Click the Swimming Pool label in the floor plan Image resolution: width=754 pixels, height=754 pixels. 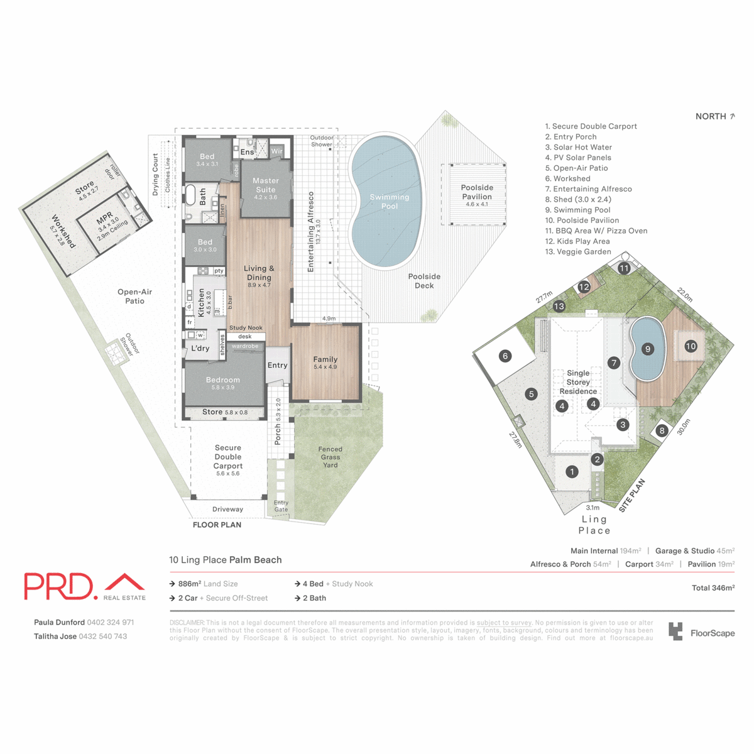point(389,201)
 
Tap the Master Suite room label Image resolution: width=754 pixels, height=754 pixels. point(265,185)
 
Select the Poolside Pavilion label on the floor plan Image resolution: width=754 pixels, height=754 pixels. point(477,192)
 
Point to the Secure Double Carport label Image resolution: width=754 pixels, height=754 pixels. point(228,457)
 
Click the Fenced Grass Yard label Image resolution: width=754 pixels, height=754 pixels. point(330,457)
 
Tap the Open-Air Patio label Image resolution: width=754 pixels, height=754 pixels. point(134,296)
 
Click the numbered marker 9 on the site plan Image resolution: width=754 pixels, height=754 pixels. point(647,349)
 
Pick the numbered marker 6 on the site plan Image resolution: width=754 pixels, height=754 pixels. point(505,356)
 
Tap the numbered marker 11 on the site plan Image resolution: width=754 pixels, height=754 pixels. point(624,268)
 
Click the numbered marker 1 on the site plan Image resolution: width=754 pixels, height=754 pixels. point(572,471)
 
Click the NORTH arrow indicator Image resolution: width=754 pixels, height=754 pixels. point(732,116)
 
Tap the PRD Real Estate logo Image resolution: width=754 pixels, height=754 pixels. point(85,586)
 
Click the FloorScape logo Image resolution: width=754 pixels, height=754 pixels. point(701,632)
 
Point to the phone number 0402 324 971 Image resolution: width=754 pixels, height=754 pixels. point(111,623)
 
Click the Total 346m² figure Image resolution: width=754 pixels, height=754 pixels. point(713,588)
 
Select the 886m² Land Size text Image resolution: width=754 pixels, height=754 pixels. point(207,584)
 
